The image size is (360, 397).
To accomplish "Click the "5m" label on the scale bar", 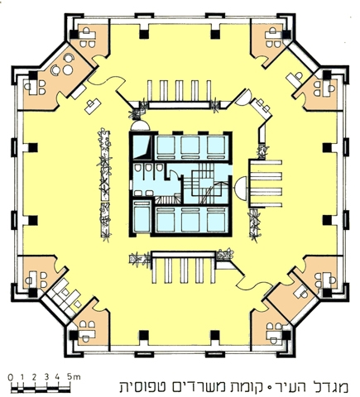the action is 74,376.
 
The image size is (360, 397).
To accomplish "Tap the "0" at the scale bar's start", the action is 11,377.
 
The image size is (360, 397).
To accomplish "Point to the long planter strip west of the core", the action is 105,184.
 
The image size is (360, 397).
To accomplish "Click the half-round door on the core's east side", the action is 240,188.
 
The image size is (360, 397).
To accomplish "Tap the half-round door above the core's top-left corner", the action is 141,126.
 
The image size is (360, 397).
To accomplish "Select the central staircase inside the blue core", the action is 204,184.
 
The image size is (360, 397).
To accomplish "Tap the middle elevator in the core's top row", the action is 190,146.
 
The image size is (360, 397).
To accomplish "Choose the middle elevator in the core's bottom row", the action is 190,220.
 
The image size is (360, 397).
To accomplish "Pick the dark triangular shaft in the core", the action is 142,147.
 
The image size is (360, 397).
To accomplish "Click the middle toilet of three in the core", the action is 149,167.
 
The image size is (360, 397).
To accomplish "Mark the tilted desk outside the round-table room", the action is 94,106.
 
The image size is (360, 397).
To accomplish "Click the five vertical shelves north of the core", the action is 180,90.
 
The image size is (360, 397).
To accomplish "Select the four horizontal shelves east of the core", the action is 266,183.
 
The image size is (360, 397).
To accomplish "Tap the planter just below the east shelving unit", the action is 255,225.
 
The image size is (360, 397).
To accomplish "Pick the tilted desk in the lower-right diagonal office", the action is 300,292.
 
